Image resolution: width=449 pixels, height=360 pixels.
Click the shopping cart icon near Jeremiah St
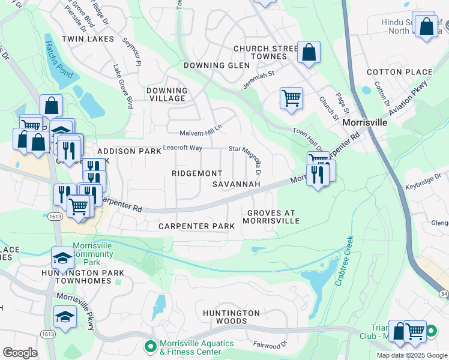click(291, 97)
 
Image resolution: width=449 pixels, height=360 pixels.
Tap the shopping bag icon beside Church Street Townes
click(309, 52)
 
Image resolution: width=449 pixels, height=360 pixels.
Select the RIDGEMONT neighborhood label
click(197, 173)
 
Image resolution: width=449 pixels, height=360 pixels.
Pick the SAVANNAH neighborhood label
click(237, 184)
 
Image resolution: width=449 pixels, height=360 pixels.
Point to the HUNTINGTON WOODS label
click(231, 317)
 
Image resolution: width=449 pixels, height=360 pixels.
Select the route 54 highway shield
click(444, 292)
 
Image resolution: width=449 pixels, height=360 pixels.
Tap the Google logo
click(20, 353)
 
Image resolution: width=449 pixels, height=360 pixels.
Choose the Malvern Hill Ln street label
click(200, 133)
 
